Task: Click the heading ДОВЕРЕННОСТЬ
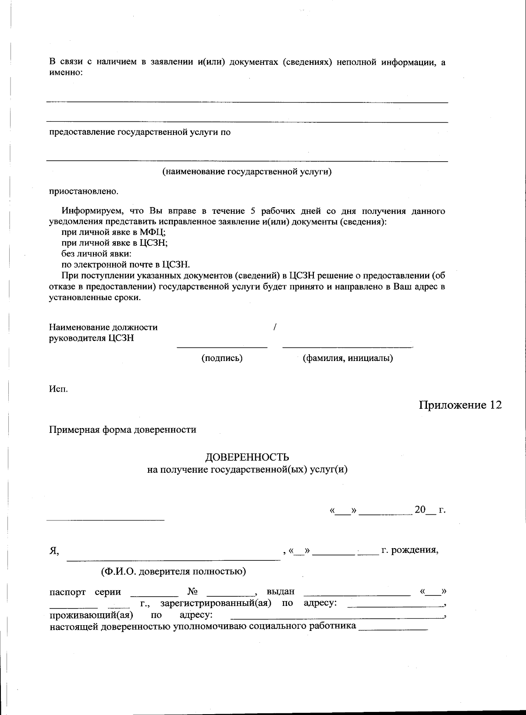(x=248, y=458)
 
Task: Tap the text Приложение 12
(x=460, y=405)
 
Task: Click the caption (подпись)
(x=222, y=358)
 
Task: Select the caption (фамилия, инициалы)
(x=348, y=358)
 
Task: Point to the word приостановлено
(x=83, y=191)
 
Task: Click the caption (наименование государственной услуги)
(x=247, y=172)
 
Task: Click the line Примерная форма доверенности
(x=122, y=430)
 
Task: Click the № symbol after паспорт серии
(x=192, y=592)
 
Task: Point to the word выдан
(x=281, y=592)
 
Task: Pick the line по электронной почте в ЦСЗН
(x=125, y=265)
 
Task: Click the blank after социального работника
(x=393, y=627)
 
